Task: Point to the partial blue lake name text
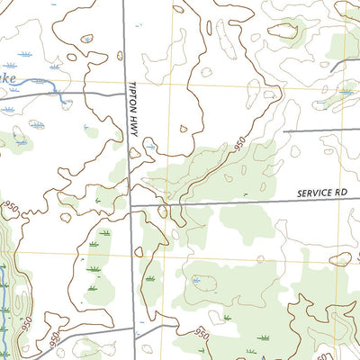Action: (7, 79)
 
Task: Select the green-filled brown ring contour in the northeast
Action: (283, 31)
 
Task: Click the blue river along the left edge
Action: (7, 306)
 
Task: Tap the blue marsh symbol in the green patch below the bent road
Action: (346, 91)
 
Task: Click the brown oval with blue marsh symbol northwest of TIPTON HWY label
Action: (87, 39)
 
